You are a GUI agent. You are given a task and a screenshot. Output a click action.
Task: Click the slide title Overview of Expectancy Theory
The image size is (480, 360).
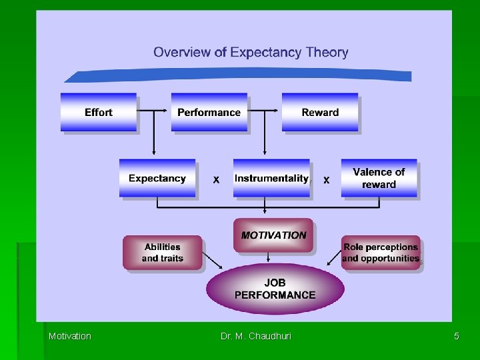[x=251, y=52]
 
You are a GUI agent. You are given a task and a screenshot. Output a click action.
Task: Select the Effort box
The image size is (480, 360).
[x=99, y=112]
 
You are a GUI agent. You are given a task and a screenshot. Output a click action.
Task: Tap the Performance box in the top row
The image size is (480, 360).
[x=209, y=112]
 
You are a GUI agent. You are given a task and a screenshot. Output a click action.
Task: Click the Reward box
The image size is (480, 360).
[x=320, y=112]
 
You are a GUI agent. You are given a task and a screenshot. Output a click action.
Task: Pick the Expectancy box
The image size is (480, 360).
[x=157, y=178]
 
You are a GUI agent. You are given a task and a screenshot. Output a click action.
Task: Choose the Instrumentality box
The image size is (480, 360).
[x=271, y=178]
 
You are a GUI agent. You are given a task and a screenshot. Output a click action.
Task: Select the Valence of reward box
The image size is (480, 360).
[x=379, y=178]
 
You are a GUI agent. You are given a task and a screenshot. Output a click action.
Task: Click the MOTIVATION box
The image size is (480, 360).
[x=273, y=235]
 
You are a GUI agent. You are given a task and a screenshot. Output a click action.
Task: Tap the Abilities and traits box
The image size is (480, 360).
[x=162, y=253]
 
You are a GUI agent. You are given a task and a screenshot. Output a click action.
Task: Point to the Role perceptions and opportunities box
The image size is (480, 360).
[x=381, y=253]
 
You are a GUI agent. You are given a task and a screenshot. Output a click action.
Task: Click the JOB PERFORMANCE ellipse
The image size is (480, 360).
[x=275, y=289]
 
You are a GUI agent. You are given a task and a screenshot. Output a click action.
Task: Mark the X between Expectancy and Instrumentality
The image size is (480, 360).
[x=216, y=180]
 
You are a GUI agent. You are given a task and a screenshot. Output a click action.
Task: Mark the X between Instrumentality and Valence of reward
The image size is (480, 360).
[x=327, y=180]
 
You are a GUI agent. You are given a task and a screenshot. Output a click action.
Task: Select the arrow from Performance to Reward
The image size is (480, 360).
[x=265, y=112]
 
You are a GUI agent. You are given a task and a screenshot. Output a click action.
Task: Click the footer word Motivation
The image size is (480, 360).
[x=70, y=336]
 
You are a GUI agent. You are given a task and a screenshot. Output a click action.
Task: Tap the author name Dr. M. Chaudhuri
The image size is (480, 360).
[x=256, y=336]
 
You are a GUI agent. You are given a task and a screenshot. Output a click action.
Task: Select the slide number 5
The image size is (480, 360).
[x=456, y=336]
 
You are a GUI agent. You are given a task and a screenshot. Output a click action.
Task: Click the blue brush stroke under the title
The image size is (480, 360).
[x=240, y=75]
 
